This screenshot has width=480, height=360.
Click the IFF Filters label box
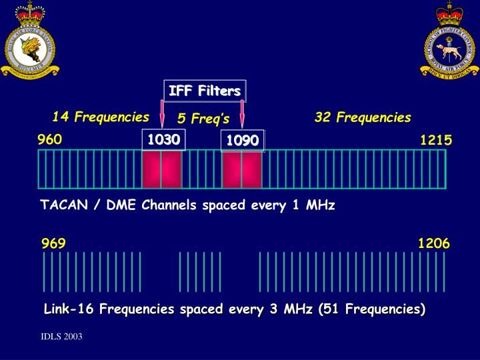pyautogui.click(x=205, y=91)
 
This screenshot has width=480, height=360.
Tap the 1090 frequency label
pyautogui.click(x=243, y=141)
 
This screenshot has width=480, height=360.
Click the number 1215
pyautogui.click(x=436, y=140)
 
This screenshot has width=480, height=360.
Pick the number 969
pyautogui.click(x=53, y=243)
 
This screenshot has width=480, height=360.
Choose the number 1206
pyautogui.click(x=433, y=243)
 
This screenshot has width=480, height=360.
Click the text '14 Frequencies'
pyautogui.click(x=101, y=117)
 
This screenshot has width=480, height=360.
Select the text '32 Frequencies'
pyautogui.click(x=363, y=118)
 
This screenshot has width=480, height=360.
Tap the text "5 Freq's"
pyautogui.click(x=203, y=119)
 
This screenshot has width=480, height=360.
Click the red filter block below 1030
pyautogui.click(x=161, y=169)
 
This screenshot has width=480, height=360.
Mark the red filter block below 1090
pyautogui.click(x=241, y=169)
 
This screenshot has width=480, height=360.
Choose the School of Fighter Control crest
pyautogui.click(x=449, y=40)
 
